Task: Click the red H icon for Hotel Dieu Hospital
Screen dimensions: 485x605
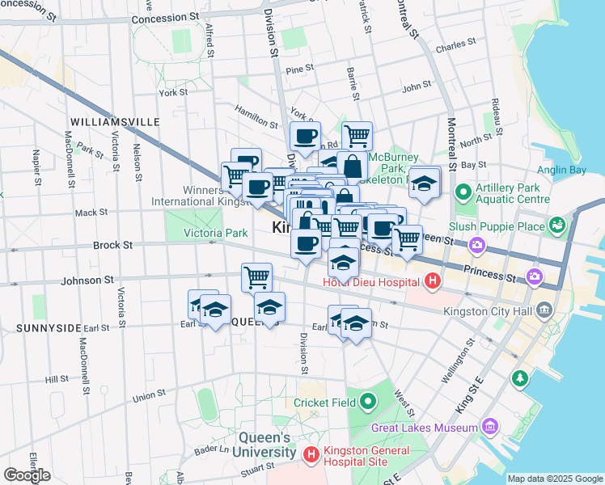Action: (x=432, y=281)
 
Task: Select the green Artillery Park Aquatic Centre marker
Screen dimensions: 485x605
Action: (x=463, y=192)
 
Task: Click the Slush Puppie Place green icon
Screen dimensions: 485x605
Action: (x=556, y=223)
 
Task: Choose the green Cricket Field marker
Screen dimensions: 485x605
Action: (x=369, y=402)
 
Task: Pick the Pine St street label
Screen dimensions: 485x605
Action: (x=299, y=70)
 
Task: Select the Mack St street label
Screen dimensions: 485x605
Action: (x=91, y=213)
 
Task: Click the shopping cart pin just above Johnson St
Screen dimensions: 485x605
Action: (x=256, y=276)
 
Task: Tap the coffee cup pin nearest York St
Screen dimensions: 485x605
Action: (x=305, y=136)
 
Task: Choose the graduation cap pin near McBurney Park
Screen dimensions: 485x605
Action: (x=424, y=183)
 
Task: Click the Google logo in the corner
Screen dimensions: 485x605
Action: (x=27, y=475)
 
